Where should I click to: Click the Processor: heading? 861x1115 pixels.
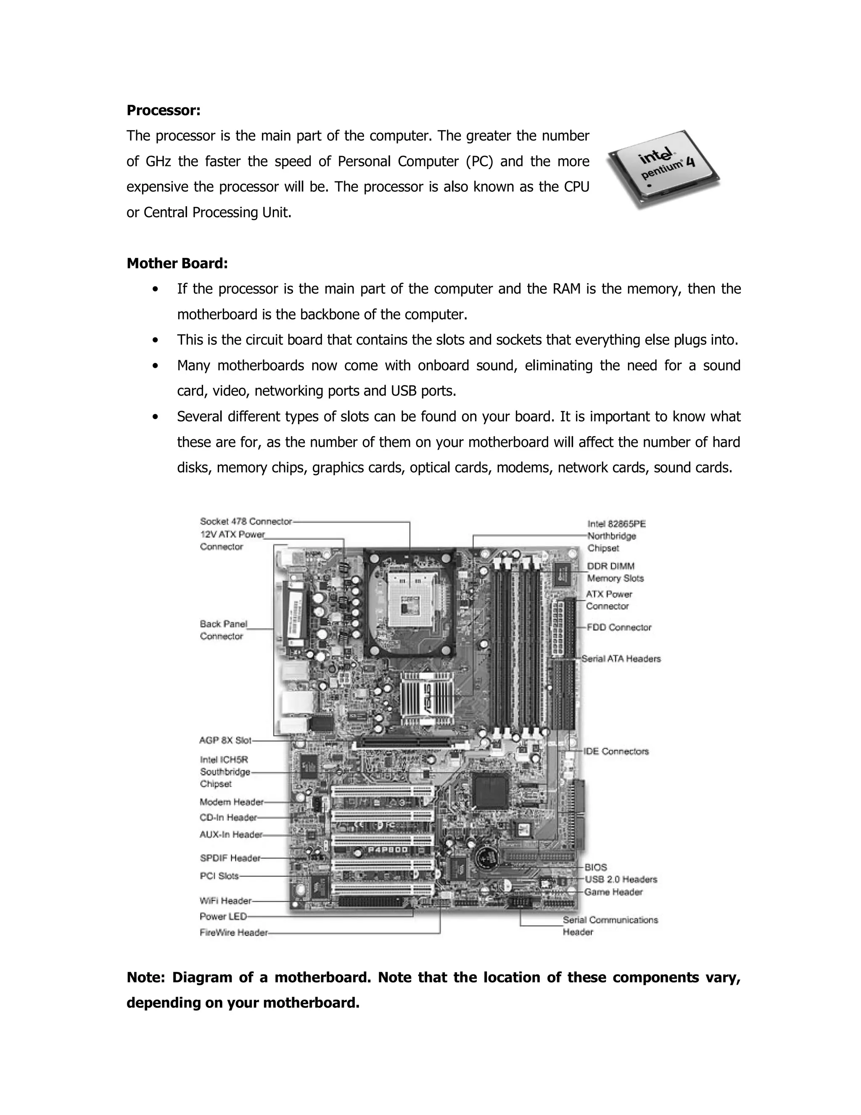(163, 110)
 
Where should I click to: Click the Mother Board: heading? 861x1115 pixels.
(177, 263)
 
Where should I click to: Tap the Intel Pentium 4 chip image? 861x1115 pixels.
(663, 169)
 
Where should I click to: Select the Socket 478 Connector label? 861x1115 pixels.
(246, 521)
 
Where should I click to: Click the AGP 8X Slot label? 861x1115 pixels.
(225, 740)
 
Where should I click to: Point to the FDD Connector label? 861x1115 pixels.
(619, 627)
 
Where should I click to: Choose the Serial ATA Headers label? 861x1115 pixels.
(621, 658)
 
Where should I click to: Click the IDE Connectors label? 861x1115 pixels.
(616, 751)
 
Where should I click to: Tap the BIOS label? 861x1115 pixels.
(595, 867)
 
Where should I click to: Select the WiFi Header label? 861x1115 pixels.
(225, 900)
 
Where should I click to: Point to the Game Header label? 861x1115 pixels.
(613, 892)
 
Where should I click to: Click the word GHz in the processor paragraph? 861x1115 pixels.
(158, 161)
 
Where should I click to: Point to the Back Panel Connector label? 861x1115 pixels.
(223, 629)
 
